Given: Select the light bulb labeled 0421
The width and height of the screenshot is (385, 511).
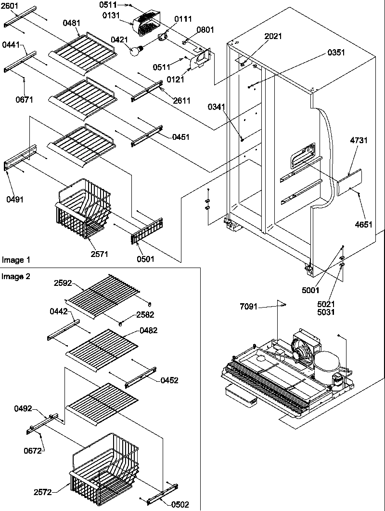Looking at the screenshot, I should (x=136, y=49).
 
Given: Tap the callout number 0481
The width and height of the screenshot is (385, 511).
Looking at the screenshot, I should (x=71, y=22).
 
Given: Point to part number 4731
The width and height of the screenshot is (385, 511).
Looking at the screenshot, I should (x=359, y=141).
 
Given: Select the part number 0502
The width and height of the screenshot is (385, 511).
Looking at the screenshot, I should (x=180, y=504).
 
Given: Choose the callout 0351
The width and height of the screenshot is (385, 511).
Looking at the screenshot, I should (x=336, y=53).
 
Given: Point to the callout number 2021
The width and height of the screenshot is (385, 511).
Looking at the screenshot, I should (x=273, y=36).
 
